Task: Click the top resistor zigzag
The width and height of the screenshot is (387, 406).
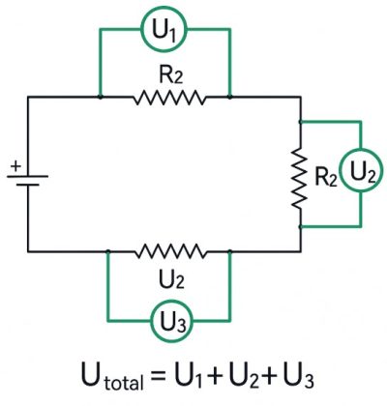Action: [x=169, y=98]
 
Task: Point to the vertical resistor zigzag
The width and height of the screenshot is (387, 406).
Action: [x=300, y=177]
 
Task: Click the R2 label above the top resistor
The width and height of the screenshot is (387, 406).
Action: [x=170, y=76]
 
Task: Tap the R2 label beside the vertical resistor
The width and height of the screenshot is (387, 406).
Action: [x=326, y=177]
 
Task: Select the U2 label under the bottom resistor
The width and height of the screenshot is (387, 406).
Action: [x=171, y=278]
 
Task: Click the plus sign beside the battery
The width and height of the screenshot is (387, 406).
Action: [x=15, y=166]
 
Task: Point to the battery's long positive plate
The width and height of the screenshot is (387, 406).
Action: [x=28, y=176]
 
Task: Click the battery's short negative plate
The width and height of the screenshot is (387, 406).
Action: [x=28, y=185]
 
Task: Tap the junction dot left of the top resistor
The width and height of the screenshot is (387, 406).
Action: [x=101, y=97]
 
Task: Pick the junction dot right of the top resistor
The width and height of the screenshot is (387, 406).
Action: [x=229, y=97]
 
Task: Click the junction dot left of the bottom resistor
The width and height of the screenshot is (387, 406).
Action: [x=108, y=251]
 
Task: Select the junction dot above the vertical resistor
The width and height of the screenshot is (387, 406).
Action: [x=301, y=122]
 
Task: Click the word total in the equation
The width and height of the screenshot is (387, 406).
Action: [x=124, y=382]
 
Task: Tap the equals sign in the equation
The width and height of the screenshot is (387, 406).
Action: [x=158, y=376]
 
